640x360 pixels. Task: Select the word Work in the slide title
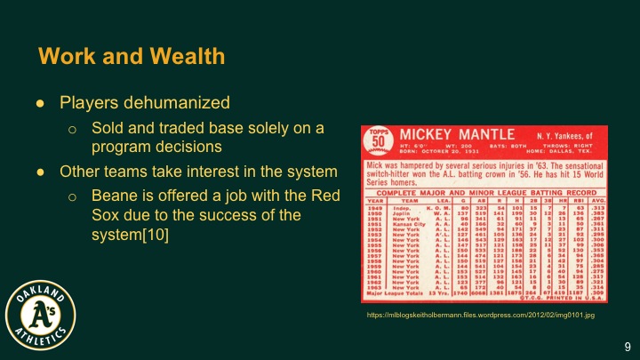(65, 58)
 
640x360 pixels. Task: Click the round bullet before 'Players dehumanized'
(41, 103)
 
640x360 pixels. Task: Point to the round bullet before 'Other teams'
(41, 171)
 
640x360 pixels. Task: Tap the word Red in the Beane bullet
(326, 196)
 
